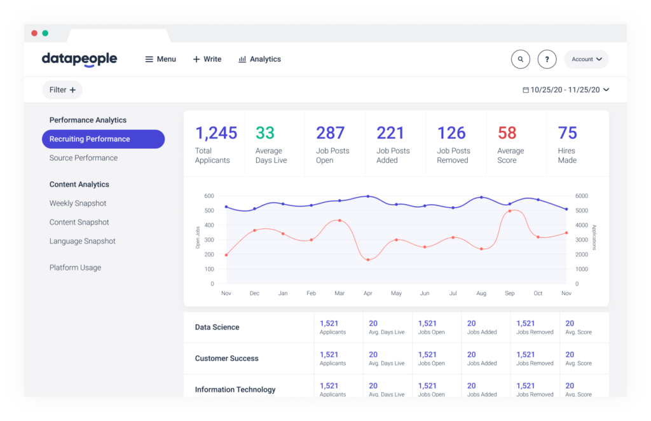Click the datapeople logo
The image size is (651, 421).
point(79,59)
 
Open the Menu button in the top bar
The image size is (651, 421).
point(160,59)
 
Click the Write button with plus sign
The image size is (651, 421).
point(207,59)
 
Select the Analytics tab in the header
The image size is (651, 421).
point(259,59)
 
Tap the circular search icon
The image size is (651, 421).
point(521,59)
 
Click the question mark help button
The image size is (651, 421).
point(547,59)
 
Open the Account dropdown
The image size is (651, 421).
point(586,59)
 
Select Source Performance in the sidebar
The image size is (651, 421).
point(83,158)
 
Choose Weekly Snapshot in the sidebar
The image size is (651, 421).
point(78,204)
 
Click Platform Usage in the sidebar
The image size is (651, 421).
point(75,268)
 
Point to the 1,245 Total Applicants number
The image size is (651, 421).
point(216,133)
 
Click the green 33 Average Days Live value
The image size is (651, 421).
point(265,133)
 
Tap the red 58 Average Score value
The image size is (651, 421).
point(507,133)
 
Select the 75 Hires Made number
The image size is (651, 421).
point(567,133)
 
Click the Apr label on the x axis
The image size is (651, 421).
point(367,293)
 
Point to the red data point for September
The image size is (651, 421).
point(510,211)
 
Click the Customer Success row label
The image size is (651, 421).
point(226,359)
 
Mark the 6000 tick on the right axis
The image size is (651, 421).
point(582,196)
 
